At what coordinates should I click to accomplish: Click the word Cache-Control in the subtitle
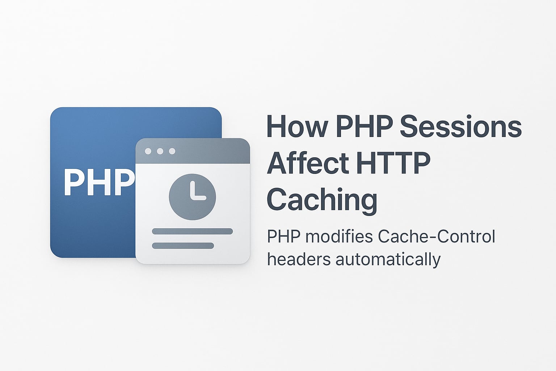click(436, 237)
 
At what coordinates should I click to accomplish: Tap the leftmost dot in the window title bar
click(148, 151)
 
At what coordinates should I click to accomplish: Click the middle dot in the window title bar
click(160, 151)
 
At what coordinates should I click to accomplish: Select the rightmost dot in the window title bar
click(172, 151)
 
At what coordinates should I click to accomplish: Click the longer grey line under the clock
click(192, 232)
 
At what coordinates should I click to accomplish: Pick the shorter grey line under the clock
click(183, 246)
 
